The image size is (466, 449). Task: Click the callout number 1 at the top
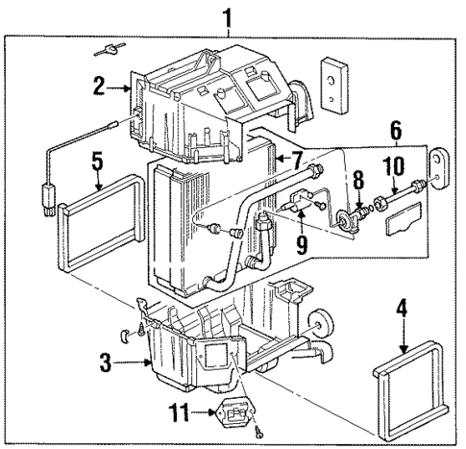click(x=228, y=16)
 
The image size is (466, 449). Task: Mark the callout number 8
click(x=356, y=179)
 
